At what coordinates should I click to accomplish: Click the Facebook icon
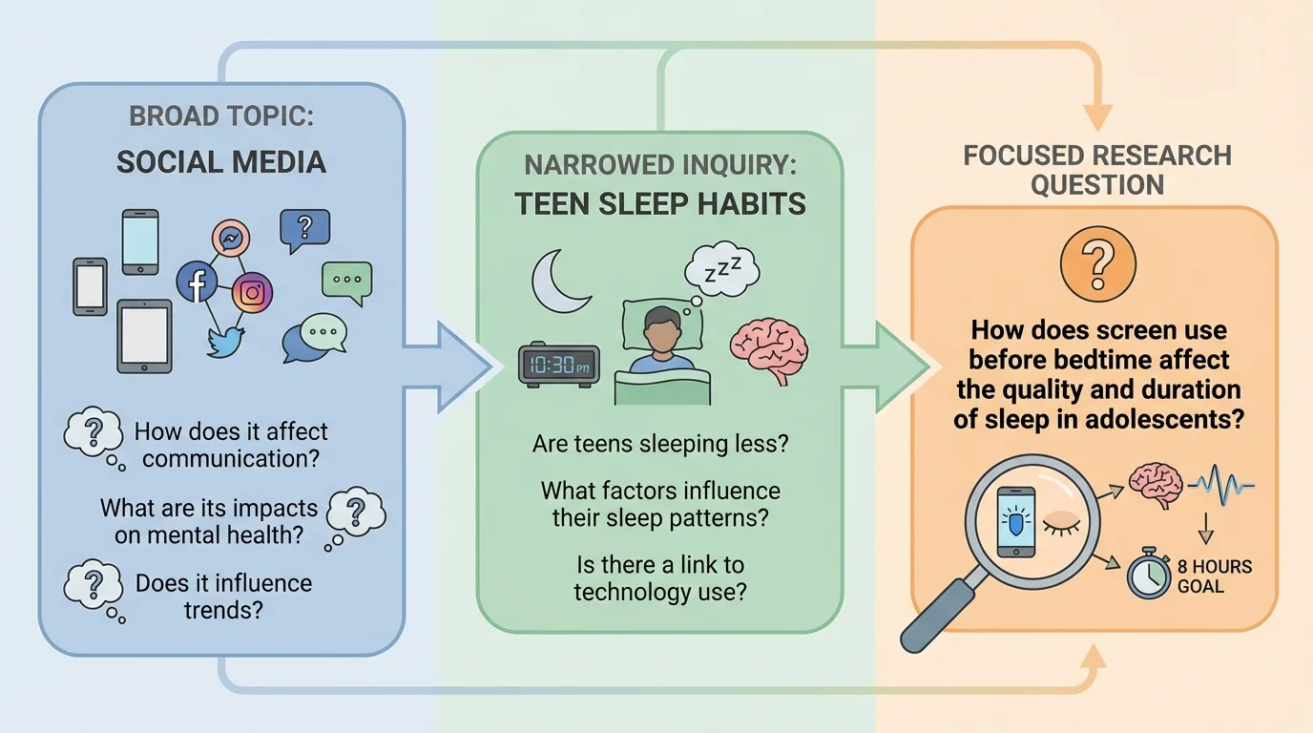pyautogui.click(x=198, y=283)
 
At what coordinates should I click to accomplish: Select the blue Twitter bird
pyautogui.click(x=225, y=341)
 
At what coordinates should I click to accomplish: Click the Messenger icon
pyautogui.click(x=230, y=237)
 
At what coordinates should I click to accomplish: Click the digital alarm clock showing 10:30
pyautogui.click(x=558, y=365)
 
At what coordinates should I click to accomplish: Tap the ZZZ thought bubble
pyautogui.click(x=721, y=267)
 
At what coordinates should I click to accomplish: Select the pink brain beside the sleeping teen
pyautogui.click(x=769, y=345)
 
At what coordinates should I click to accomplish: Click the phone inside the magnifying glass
pyautogui.click(x=1014, y=524)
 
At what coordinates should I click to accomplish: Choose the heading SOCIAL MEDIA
pyautogui.click(x=221, y=162)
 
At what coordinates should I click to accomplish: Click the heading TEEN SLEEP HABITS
pyautogui.click(x=660, y=203)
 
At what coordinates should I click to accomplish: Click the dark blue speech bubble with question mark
pyautogui.click(x=304, y=227)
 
